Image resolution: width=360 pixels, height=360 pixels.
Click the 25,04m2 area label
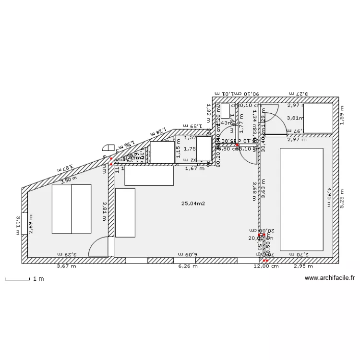(x=193, y=204)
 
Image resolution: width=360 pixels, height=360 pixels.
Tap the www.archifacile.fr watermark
(x=330, y=278)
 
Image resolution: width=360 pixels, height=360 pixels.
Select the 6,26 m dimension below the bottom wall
(x=188, y=266)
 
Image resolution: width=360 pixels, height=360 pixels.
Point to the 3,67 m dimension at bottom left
(x=66, y=266)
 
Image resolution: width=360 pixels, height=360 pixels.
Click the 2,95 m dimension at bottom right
(x=303, y=266)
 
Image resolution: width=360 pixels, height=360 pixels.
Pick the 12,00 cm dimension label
(x=266, y=266)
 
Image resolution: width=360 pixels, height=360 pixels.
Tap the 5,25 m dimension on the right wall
(x=342, y=197)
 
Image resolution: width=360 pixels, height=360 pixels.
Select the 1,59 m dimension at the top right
(x=342, y=115)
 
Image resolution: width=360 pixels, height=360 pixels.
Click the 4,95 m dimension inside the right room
(x=329, y=197)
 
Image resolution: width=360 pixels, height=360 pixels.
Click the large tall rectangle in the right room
(x=301, y=199)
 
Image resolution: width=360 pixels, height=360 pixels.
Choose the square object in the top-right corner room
(x=318, y=119)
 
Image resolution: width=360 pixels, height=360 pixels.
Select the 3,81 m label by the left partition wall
(x=104, y=211)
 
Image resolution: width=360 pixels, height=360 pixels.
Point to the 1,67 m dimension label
(x=194, y=168)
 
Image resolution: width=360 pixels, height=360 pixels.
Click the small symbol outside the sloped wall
(x=107, y=149)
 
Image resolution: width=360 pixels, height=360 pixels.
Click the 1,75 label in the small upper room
(x=190, y=149)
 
